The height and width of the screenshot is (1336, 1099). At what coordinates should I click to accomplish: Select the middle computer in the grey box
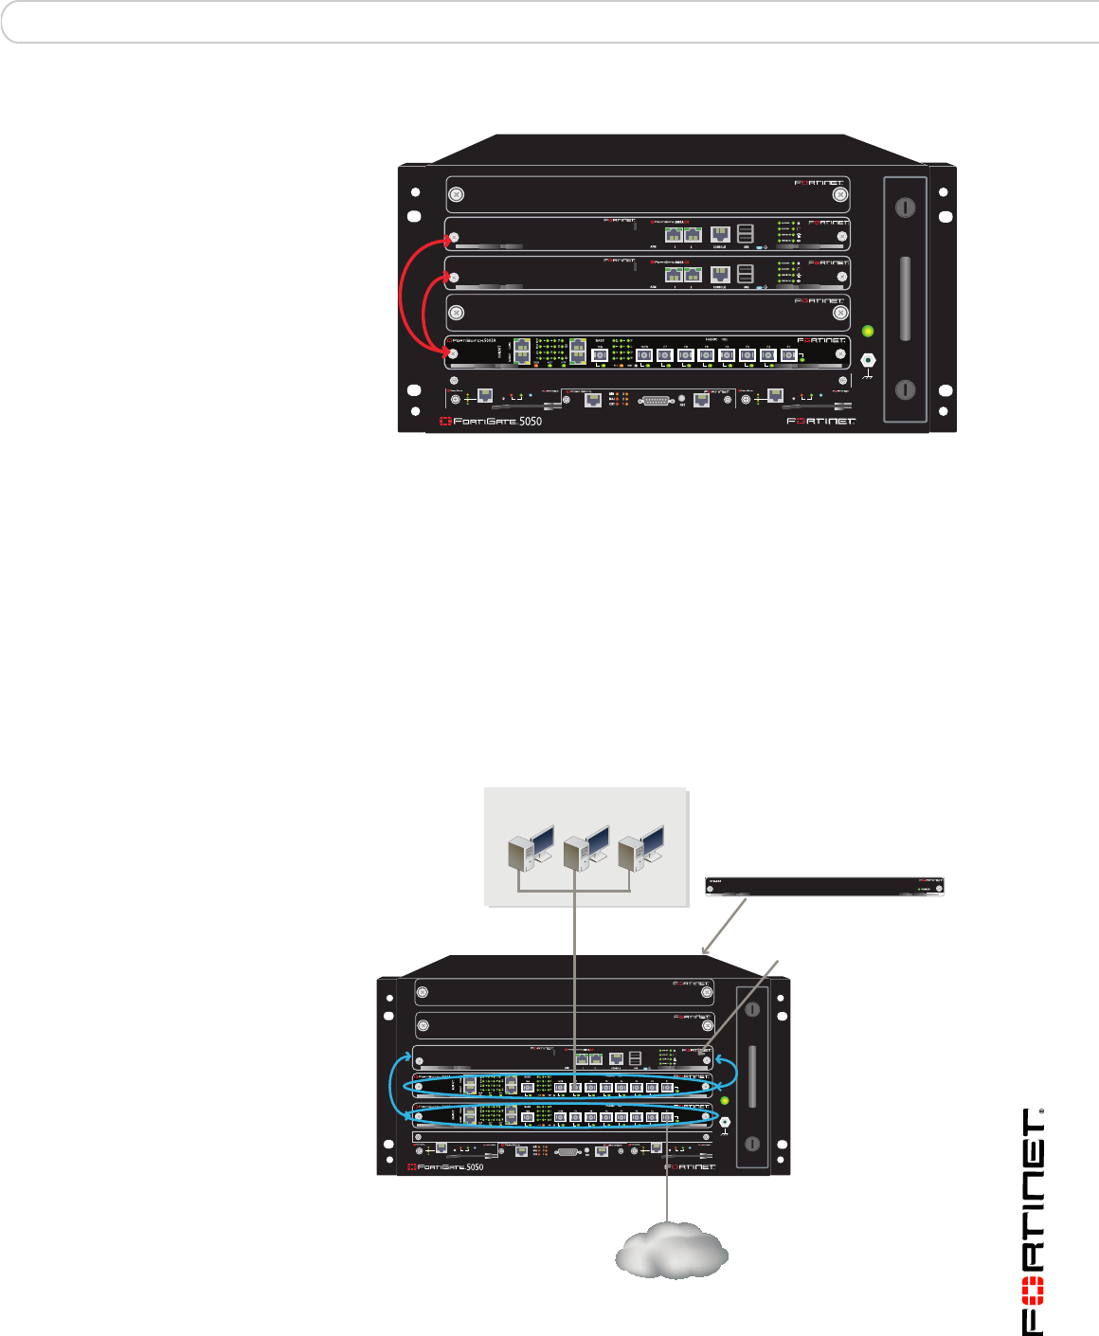tap(585, 846)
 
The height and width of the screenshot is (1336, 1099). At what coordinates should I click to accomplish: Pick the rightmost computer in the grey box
tap(641, 846)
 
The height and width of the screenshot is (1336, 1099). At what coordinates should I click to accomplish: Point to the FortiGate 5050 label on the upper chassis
tap(491, 421)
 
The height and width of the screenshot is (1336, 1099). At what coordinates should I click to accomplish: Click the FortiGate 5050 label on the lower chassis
tap(446, 1166)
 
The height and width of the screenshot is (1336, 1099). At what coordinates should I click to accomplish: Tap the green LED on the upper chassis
tap(867, 332)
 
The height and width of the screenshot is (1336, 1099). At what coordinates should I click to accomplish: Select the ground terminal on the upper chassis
tap(867, 361)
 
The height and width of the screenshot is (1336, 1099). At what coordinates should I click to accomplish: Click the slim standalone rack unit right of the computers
tap(825, 886)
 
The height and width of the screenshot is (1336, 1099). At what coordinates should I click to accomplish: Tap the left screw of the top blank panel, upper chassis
tap(456, 194)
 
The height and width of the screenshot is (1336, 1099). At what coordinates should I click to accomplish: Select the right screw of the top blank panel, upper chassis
tap(839, 195)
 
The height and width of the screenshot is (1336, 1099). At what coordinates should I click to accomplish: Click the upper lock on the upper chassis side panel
tap(906, 208)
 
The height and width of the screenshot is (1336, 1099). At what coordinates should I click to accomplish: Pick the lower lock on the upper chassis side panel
tap(906, 388)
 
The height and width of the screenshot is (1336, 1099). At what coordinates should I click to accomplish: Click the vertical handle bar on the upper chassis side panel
tap(906, 298)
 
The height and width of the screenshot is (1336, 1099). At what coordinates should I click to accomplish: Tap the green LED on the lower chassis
tap(725, 1100)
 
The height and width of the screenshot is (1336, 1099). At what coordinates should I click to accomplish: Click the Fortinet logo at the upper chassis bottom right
tap(820, 421)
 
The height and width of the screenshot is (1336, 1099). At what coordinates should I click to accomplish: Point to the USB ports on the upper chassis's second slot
tap(746, 233)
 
